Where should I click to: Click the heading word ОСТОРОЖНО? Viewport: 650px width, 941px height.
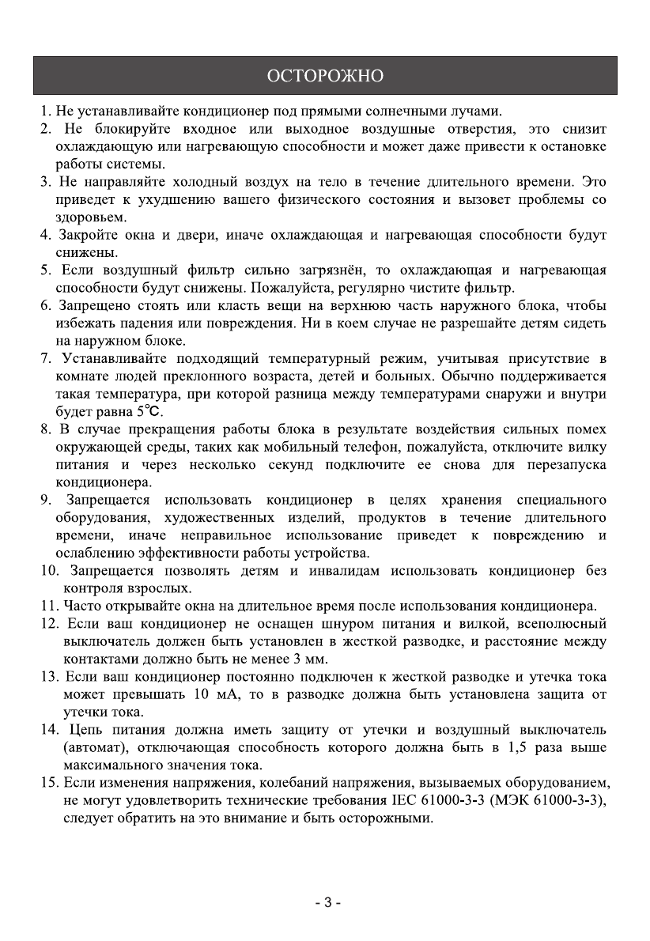(x=325, y=76)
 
